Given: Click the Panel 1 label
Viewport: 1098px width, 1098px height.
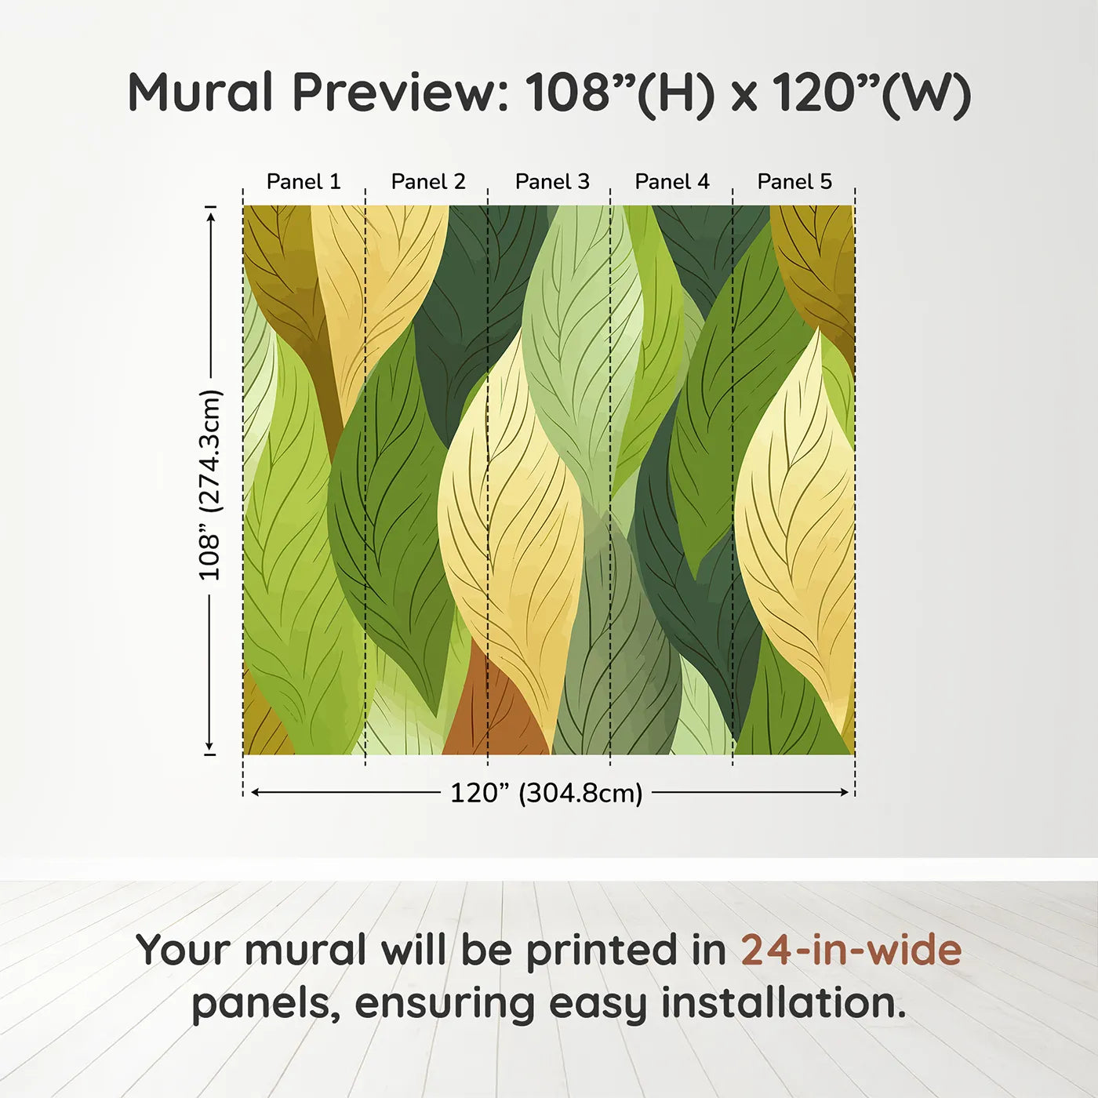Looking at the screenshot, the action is (x=304, y=182).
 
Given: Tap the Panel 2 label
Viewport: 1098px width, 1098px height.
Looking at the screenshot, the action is (x=428, y=182).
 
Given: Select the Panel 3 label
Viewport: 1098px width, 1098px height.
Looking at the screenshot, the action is (x=552, y=182).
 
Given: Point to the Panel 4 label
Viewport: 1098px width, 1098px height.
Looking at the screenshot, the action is (x=672, y=182).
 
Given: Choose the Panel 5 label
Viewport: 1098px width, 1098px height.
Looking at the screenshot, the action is (x=794, y=182).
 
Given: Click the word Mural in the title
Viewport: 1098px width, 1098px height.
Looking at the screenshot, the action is (x=201, y=93).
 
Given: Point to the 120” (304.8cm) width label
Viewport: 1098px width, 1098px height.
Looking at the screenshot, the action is (x=547, y=793).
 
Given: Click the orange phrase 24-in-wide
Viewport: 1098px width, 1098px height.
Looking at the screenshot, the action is (x=851, y=950).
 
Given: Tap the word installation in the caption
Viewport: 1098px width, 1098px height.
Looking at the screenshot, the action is (x=784, y=1003).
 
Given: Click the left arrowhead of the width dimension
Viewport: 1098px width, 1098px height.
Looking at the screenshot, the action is (x=256, y=793).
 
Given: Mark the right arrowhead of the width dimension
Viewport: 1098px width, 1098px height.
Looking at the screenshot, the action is (x=844, y=793).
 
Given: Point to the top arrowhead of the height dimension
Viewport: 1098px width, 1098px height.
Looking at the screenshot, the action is (x=212, y=216).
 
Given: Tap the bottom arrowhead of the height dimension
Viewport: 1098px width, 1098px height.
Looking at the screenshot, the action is (x=209, y=746).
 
